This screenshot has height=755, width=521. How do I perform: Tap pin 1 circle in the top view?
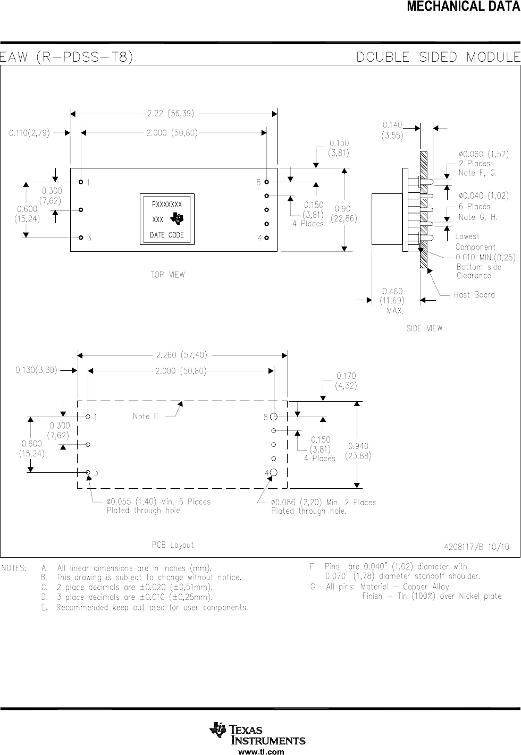tap(81, 182)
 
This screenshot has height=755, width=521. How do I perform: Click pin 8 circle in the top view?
tap(266, 182)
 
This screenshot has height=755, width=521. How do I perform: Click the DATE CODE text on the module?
tap(167, 235)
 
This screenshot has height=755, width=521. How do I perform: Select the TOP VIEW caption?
tap(168, 275)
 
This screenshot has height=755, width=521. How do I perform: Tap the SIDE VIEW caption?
tap(424, 328)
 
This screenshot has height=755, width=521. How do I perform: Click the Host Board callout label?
tap(474, 294)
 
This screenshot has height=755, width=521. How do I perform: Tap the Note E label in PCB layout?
tap(145, 417)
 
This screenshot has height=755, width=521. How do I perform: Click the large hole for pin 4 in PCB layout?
tap(274, 472)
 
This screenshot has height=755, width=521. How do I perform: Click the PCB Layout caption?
tap(173, 545)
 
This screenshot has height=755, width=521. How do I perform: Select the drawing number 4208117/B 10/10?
tap(476, 546)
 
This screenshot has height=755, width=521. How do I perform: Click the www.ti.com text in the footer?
tap(260, 752)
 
